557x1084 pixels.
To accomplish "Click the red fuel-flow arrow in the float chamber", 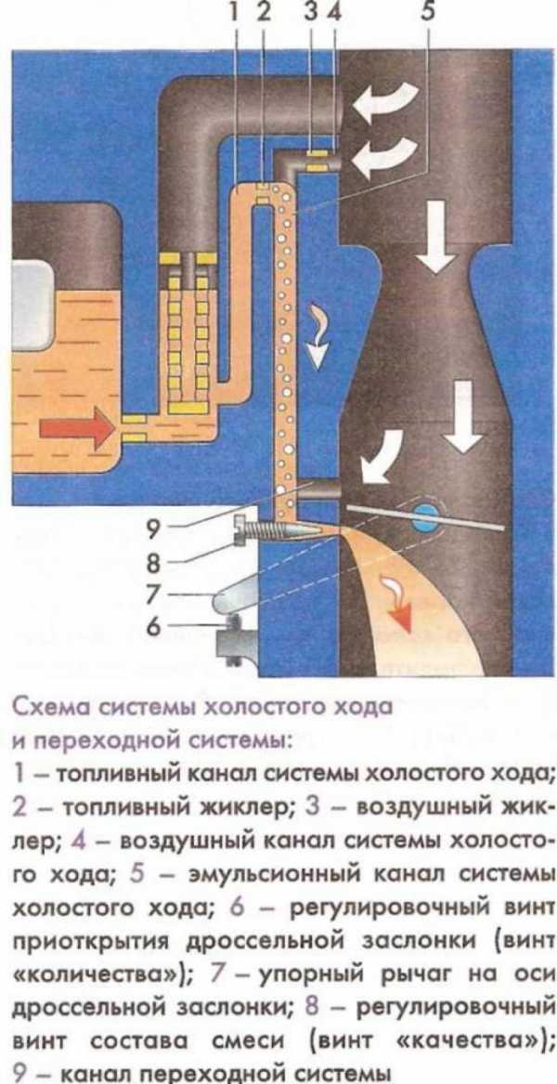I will pos(74,430).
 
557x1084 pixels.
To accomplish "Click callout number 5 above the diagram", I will pos(428,13).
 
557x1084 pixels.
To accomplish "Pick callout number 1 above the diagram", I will pos(238,13).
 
